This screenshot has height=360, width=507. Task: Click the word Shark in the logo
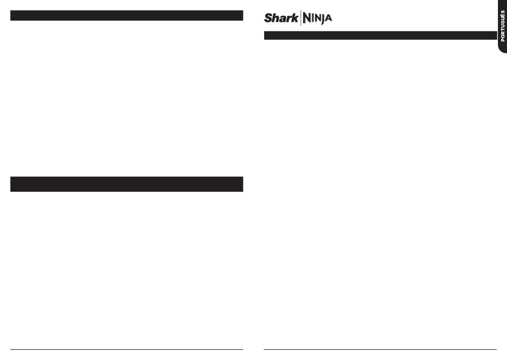click(281, 18)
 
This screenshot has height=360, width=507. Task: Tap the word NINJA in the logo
click(317, 19)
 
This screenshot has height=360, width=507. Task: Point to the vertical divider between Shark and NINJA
click(300, 18)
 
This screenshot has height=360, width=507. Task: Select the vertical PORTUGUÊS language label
click(503, 26)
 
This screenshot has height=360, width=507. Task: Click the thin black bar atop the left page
click(126, 15)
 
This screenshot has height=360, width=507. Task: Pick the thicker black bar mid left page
click(126, 184)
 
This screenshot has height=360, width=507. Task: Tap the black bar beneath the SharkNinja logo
click(380, 35)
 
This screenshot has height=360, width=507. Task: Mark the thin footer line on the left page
click(126, 350)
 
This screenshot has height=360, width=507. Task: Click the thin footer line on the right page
click(380, 350)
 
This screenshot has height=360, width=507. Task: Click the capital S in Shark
click(268, 18)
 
